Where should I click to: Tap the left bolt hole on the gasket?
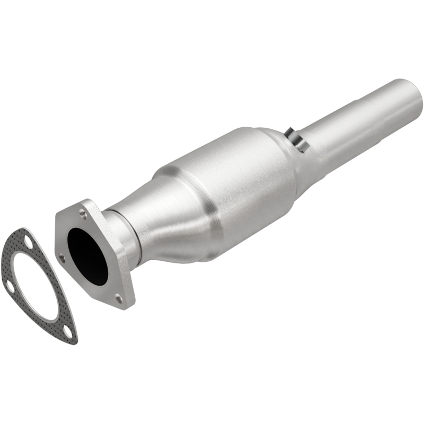point(9,287)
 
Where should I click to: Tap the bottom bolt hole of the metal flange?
point(119,299)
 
